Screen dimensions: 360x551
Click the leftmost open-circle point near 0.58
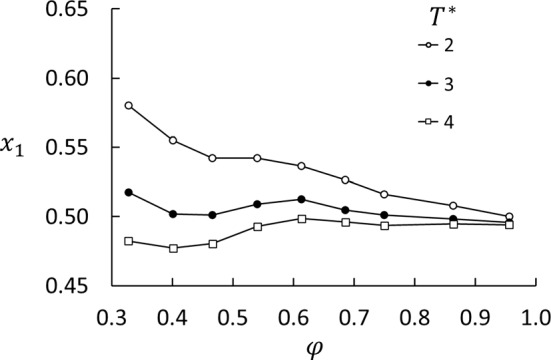pyautogui.click(x=128, y=106)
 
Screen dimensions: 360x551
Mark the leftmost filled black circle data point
pyautogui.click(x=128, y=192)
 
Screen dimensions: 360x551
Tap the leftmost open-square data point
pyautogui.click(x=128, y=241)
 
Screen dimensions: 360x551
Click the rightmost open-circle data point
pyautogui.click(x=509, y=217)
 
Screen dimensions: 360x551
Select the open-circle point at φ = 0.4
pyautogui.click(x=173, y=140)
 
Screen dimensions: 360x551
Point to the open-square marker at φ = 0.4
pyautogui.click(x=173, y=248)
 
